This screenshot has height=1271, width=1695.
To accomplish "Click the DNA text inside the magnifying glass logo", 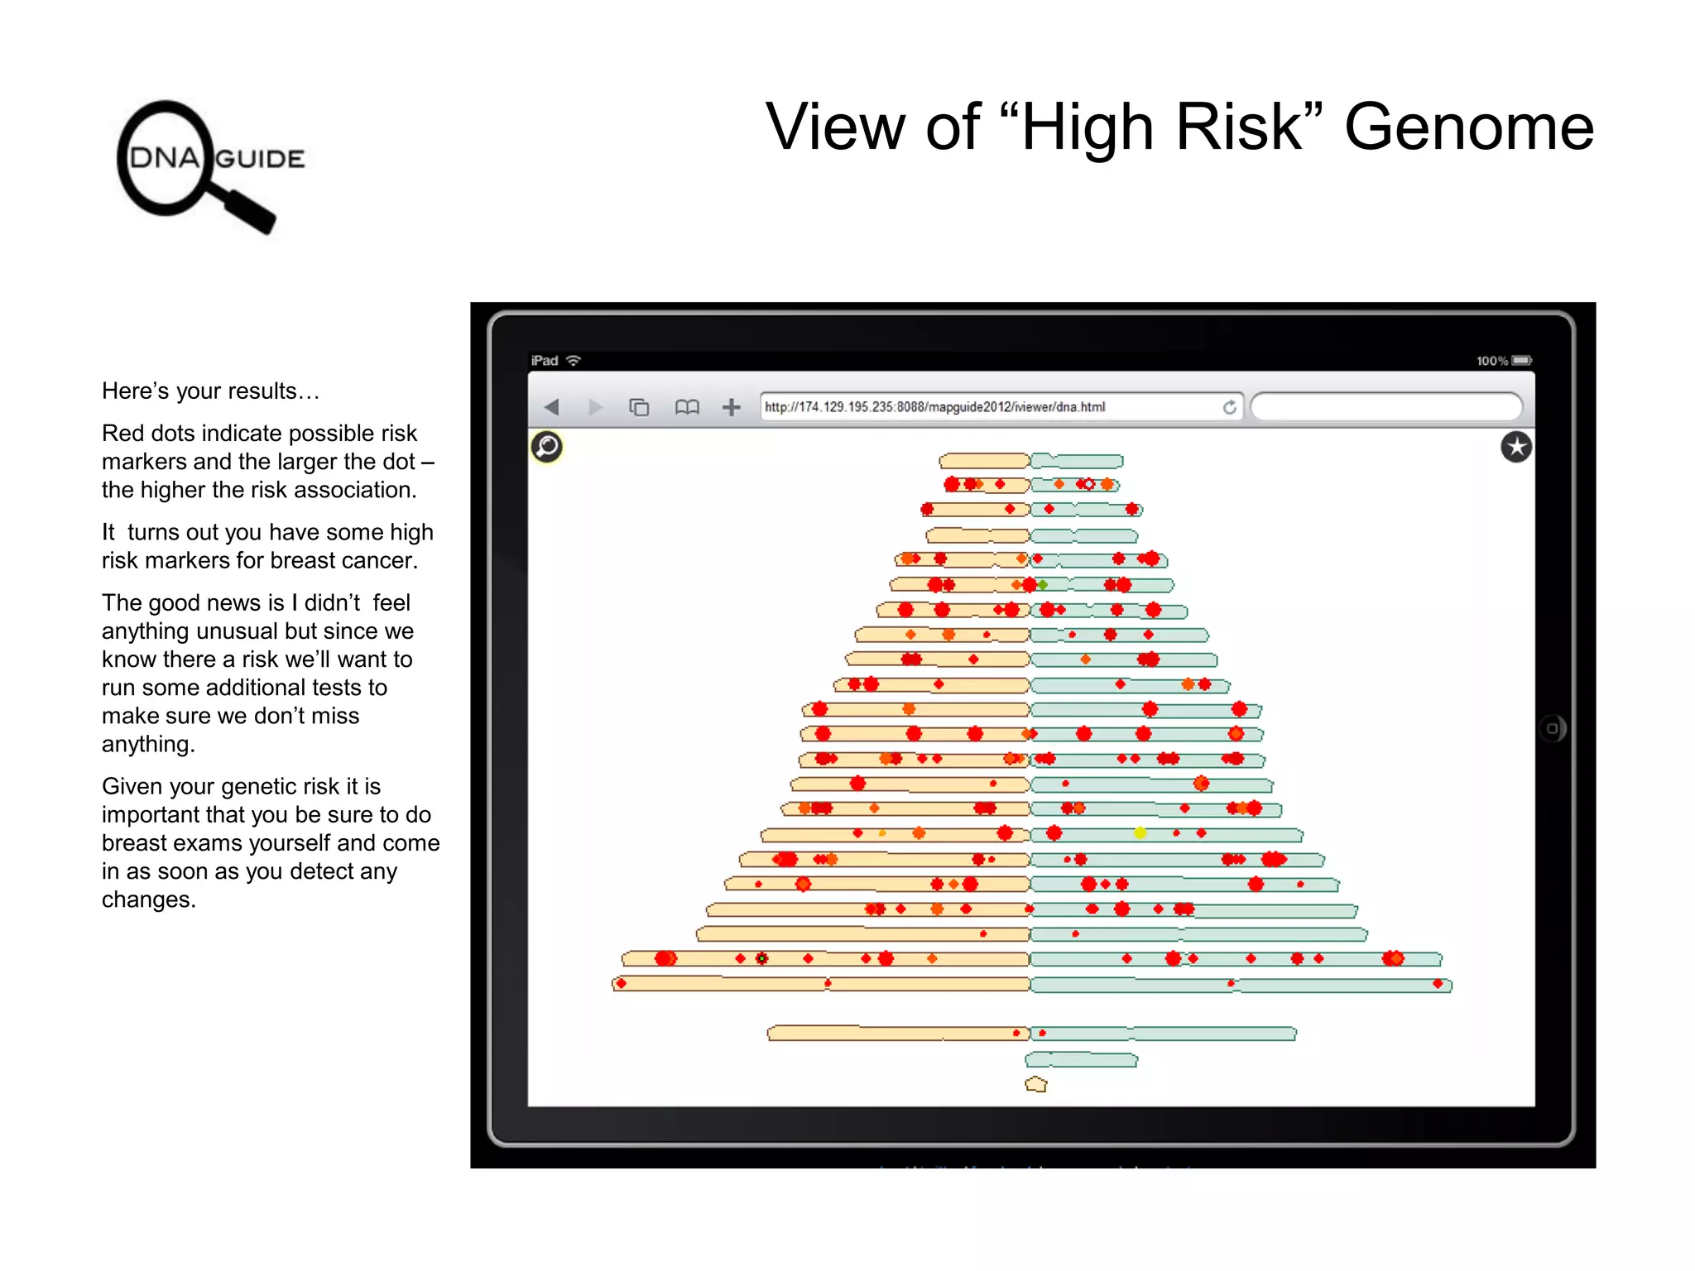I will point(165,157).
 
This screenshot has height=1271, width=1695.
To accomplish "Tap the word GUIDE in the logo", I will point(260,159).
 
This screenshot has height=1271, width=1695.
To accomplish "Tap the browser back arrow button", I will point(552,407).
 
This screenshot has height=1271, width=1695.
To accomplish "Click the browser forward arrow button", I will point(595,407).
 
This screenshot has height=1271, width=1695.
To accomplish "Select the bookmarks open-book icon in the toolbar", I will point(686,407).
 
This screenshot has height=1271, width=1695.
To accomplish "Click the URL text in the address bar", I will point(934,407).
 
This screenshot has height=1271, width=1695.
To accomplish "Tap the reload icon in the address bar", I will point(1230,407).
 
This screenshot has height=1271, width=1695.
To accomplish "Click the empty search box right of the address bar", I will point(1386,407).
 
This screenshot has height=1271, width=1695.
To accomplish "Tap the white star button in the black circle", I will point(1516,448).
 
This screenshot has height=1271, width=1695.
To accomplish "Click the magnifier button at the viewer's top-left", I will point(547,447).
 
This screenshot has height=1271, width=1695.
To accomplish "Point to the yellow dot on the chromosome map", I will point(1140,833).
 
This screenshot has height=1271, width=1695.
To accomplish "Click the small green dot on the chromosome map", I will point(1044,585).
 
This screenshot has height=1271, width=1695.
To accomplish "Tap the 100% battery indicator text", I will point(1491,361).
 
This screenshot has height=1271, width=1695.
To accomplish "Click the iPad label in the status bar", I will point(545,361).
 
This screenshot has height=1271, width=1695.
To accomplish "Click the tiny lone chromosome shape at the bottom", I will point(1036,1084).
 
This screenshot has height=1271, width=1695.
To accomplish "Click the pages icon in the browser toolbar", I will point(639,407).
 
